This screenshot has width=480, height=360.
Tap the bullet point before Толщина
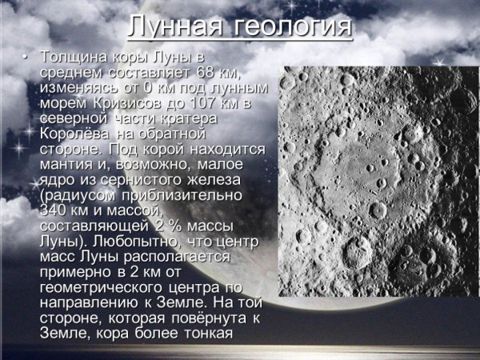click(26, 58)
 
